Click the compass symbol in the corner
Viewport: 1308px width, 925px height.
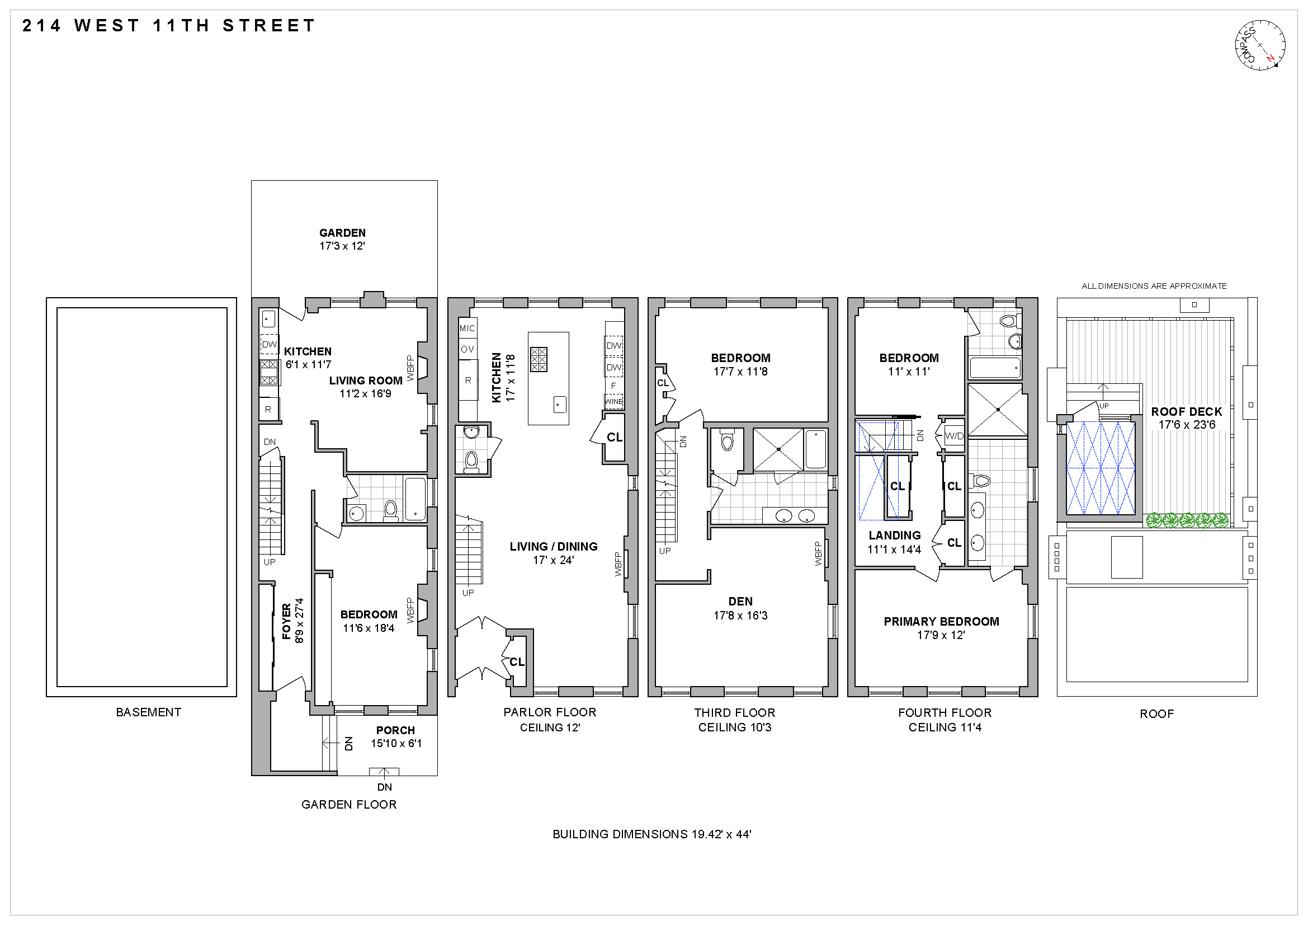(1259, 45)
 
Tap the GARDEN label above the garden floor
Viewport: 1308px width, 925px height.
(342, 233)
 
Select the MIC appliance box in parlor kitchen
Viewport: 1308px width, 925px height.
(467, 328)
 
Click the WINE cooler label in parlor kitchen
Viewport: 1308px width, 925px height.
(613, 401)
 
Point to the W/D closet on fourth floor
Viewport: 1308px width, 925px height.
(953, 436)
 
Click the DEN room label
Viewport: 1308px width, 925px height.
(740, 602)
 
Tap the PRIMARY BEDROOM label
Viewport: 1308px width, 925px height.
(941, 621)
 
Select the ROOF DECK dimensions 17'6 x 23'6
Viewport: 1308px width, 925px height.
(1187, 425)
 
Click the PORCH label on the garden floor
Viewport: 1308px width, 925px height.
(395, 730)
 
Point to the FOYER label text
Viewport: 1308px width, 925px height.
(286, 621)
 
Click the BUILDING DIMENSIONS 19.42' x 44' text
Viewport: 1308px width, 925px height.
(651, 834)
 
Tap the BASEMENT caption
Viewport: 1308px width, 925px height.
(148, 712)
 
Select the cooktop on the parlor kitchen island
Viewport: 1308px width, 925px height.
(539, 360)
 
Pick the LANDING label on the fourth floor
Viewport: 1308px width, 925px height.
(894, 535)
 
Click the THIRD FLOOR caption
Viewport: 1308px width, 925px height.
(734, 712)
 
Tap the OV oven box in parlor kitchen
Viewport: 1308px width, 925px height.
(467, 349)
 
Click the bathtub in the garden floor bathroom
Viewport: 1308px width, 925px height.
(415, 499)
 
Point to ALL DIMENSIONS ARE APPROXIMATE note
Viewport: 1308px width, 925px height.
(1154, 286)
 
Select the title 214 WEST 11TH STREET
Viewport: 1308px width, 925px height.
(169, 26)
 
